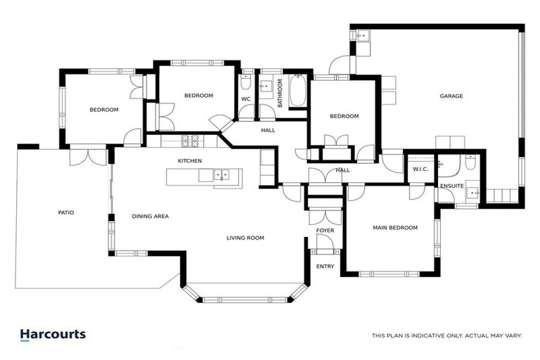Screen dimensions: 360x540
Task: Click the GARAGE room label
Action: (x=451, y=96)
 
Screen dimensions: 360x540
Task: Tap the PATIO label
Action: (x=65, y=212)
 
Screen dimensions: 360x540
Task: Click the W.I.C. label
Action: (x=420, y=169)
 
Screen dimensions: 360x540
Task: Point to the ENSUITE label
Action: (x=451, y=186)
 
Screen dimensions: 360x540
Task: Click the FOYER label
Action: (x=325, y=231)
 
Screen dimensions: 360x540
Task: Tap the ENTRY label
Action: (x=325, y=266)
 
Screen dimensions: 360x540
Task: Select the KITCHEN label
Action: (x=190, y=161)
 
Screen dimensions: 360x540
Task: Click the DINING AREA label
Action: (x=150, y=217)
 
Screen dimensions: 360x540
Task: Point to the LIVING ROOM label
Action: (x=245, y=238)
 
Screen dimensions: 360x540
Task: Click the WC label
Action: (x=246, y=99)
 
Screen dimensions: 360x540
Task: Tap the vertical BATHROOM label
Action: (x=279, y=93)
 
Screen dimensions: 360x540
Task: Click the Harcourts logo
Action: (x=53, y=335)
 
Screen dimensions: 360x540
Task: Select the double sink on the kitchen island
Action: (x=222, y=174)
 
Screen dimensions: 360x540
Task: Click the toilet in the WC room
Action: (x=245, y=82)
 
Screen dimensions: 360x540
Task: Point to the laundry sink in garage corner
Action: (x=363, y=36)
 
